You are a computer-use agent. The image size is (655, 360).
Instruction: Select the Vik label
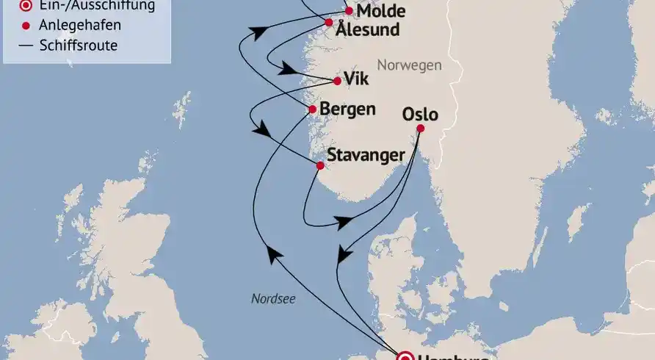tap(357, 80)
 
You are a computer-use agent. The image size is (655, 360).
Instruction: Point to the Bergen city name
tap(348, 109)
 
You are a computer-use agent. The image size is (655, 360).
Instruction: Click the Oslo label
tap(420, 115)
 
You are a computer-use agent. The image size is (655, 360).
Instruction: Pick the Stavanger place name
tap(366, 156)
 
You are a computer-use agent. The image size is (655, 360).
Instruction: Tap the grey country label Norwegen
tap(410, 65)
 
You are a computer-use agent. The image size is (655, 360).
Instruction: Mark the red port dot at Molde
tap(349, 11)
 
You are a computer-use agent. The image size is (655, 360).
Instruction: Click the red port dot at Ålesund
tap(329, 22)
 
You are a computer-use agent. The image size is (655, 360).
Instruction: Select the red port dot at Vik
tap(337, 81)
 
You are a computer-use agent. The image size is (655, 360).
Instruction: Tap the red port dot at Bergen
tap(312, 109)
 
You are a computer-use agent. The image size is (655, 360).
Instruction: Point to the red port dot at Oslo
tap(420, 129)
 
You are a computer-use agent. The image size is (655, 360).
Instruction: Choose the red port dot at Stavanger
tap(319, 165)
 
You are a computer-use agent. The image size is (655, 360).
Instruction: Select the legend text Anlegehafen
tap(81, 26)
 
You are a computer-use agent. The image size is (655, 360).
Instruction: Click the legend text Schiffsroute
tap(79, 46)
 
